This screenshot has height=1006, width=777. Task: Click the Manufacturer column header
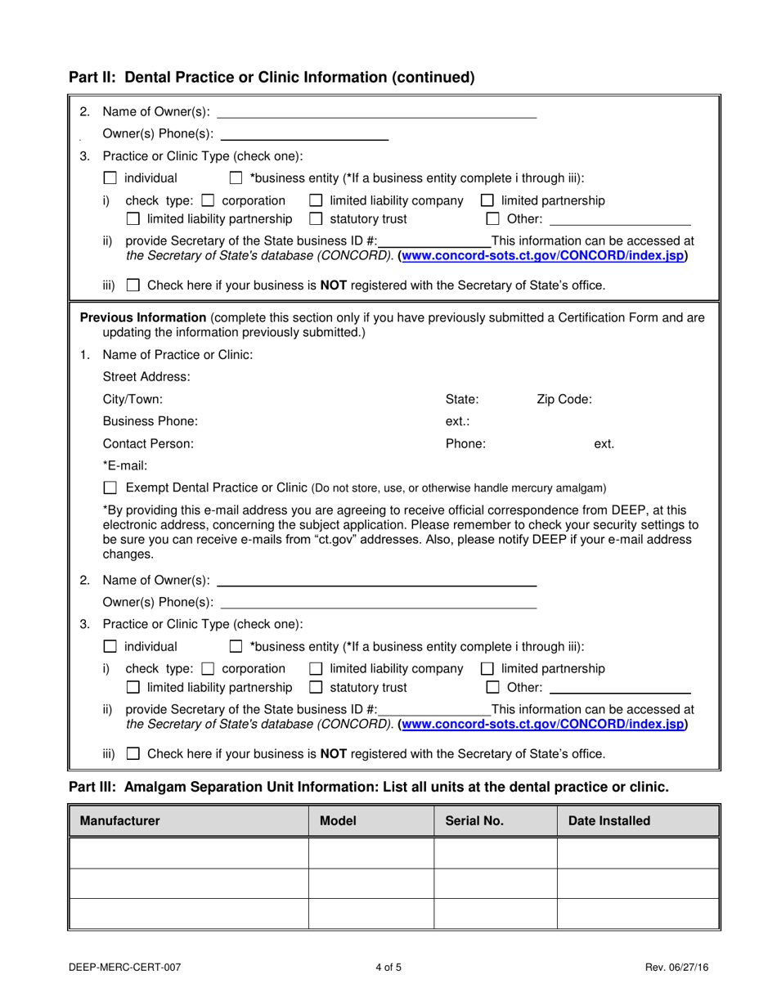point(119,820)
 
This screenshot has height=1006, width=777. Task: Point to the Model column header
point(338,820)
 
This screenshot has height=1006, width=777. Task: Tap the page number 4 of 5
point(388,968)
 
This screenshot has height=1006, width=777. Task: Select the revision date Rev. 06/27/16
point(676,968)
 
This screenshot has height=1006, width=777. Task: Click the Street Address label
point(146,377)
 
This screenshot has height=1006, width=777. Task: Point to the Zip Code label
point(564,399)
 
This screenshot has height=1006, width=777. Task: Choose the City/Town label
point(132,399)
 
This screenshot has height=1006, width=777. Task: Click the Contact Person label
point(148,443)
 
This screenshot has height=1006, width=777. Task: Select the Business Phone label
point(150,421)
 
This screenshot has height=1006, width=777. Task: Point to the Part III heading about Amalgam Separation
point(368,787)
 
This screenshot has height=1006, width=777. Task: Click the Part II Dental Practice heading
point(272,78)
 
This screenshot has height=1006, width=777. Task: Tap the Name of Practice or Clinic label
point(177,355)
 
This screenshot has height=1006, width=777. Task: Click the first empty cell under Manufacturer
point(190,853)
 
